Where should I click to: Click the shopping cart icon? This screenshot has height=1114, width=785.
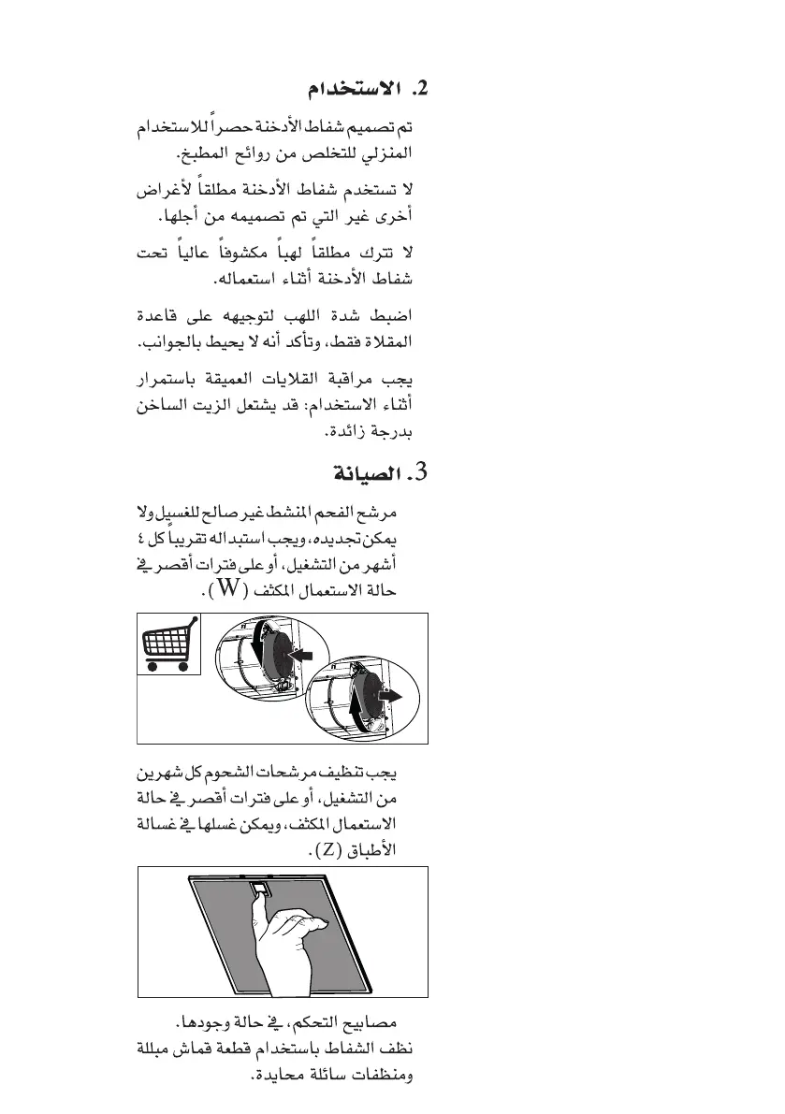pos(169,645)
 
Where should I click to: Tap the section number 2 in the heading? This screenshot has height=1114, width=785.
pos(417,91)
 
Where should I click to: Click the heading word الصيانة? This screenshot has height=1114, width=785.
pos(366,472)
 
